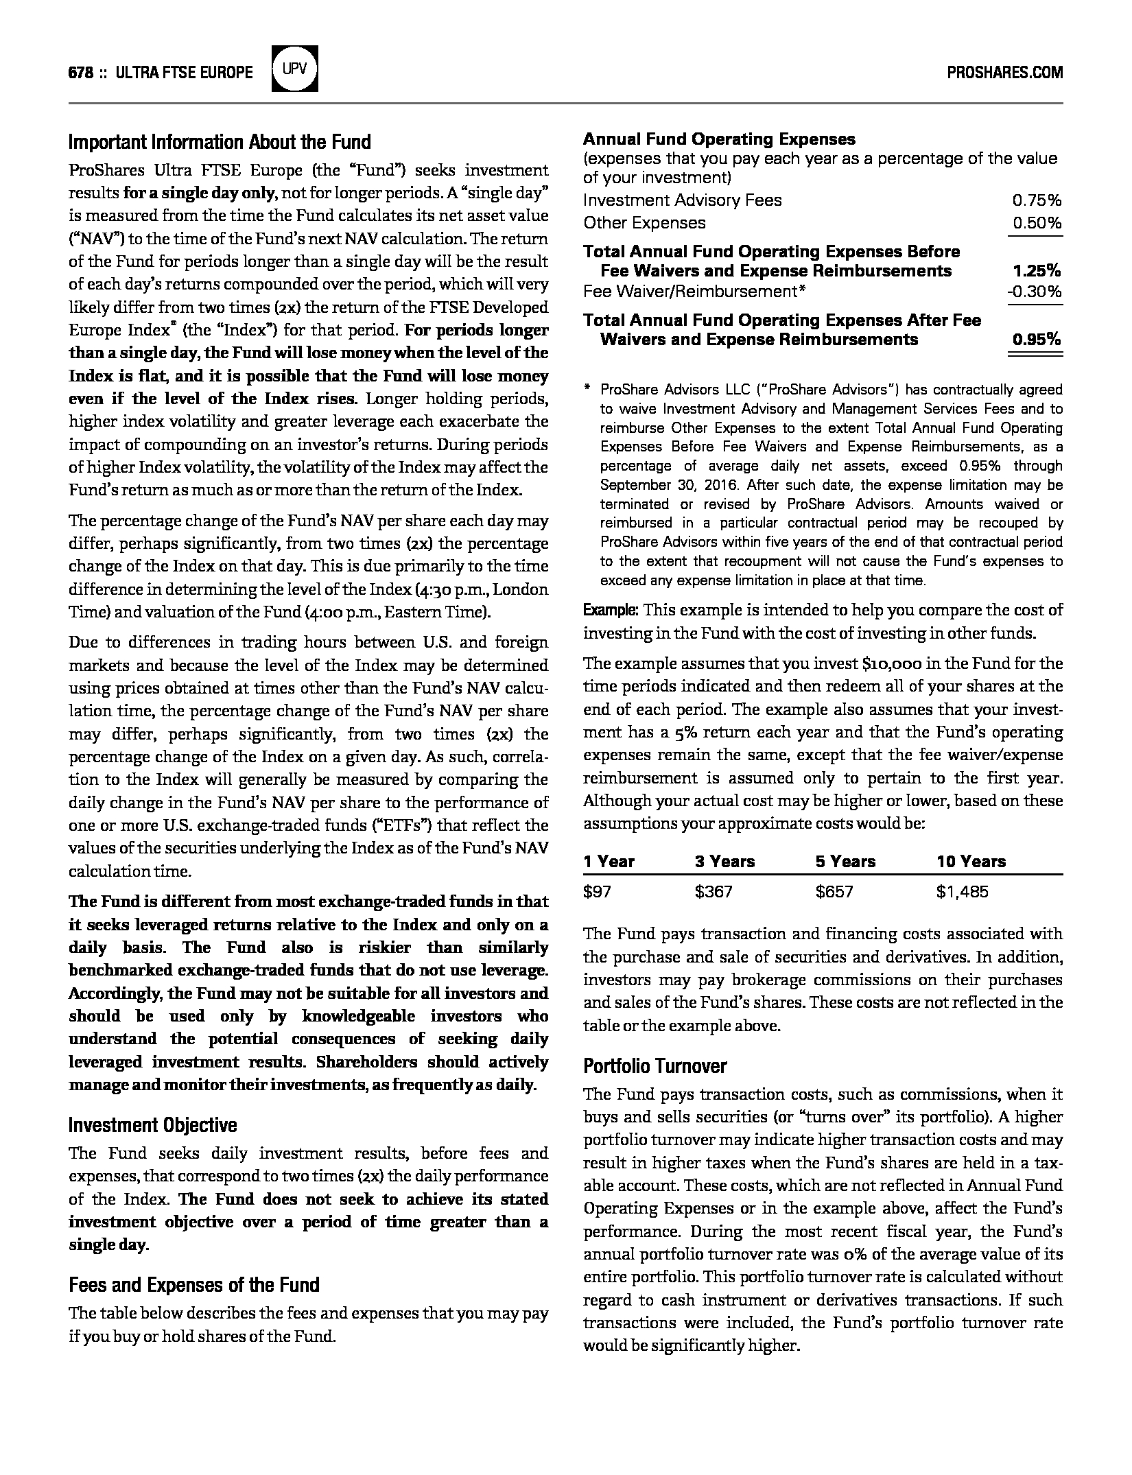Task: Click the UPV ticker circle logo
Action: [x=295, y=69]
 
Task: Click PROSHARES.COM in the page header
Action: [x=1004, y=73]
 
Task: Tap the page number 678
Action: [x=81, y=73]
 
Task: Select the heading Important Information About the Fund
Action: [x=220, y=142]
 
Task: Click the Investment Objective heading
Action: [x=153, y=1124]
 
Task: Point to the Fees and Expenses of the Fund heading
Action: [x=194, y=1284]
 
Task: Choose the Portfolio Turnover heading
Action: [x=655, y=1065]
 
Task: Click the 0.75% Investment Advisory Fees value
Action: [x=1037, y=200]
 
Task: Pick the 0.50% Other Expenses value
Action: [x=1037, y=223]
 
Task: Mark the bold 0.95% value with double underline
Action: [x=1037, y=340]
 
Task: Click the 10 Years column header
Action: [x=971, y=862]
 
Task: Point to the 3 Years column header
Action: [x=724, y=862]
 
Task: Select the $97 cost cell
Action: [x=597, y=892]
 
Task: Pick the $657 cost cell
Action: [x=834, y=892]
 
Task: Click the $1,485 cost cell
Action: [x=962, y=892]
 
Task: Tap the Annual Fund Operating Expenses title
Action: [x=719, y=139]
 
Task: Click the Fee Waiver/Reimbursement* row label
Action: [x=694, y=292]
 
